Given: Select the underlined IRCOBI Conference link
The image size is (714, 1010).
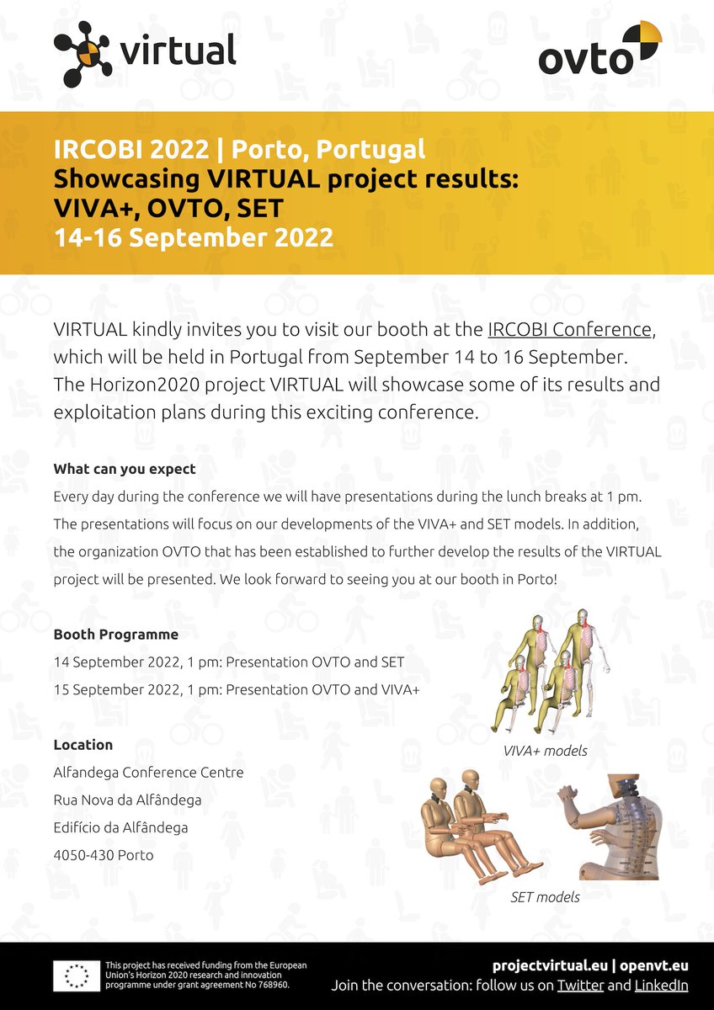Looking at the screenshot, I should coord(569,328).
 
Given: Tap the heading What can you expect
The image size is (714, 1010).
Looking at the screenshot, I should coord(125,469).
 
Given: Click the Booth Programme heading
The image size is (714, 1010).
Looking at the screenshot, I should coord(115,634).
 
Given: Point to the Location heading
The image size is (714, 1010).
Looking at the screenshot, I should coord(83,744).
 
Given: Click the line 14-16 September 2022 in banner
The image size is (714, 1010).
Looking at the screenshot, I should coord(193,237).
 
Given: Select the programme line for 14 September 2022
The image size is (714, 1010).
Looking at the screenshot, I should coord(228,662).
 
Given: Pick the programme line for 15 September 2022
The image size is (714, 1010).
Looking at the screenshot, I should coord(236,688).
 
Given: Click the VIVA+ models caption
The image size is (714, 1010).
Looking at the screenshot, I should coord(545,750).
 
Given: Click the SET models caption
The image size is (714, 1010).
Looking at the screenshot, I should coord(545,896).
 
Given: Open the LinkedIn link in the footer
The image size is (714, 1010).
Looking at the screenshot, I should coord(661,985).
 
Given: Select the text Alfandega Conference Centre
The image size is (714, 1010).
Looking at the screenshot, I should coord(148,772).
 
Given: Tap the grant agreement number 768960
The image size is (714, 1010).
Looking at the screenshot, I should coord(271,984).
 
